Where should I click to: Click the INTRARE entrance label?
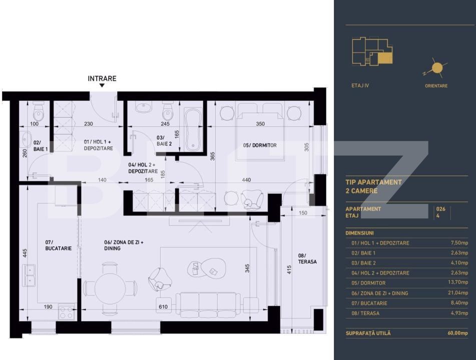(x=102, y=78)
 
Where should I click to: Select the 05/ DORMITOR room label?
(x=260, y=145)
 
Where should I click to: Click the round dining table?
(x=110, y=287)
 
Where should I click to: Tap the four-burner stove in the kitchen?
(x=67, y=312)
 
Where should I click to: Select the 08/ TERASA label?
(x=306, y=258)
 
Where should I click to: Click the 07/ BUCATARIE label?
(x=58, y=245)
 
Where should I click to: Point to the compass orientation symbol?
(x=436, y=68)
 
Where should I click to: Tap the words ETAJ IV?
(x=360, y=85)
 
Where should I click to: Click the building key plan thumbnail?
(x=372, y=51)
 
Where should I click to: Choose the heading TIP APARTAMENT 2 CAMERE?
(x=373, y=186)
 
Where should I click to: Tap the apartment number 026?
(x=441, y=209)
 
